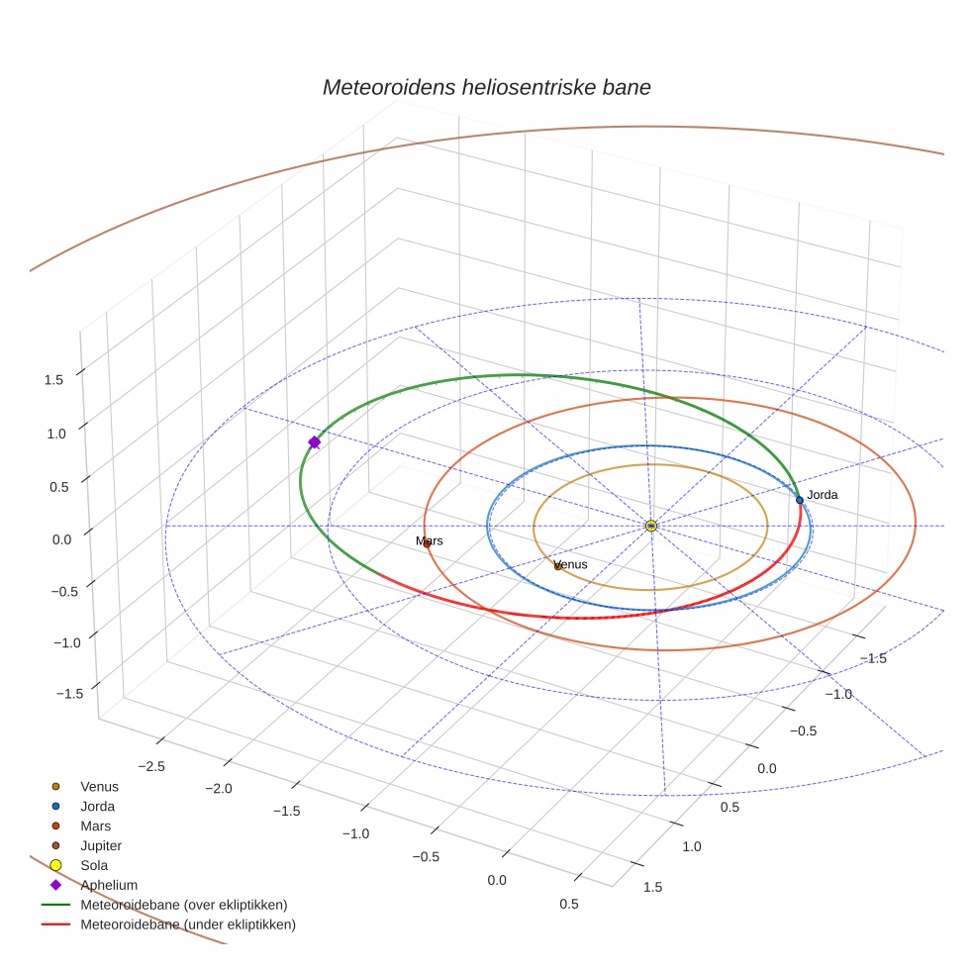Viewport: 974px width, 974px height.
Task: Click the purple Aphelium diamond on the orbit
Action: [x=315, y=442]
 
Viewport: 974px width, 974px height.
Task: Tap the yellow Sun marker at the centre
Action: [x=651, y=526]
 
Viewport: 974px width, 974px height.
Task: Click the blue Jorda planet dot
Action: [x=800, y=500]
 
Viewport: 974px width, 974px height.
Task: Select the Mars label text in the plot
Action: [x=430, y=541]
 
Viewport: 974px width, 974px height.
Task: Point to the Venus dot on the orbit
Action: [x=558, y=566]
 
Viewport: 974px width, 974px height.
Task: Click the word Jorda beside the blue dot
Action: [x=823, y=494]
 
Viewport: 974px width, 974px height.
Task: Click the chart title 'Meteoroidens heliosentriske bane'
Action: [x=487, y=87]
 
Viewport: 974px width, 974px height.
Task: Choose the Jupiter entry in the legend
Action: [x=101, y=845]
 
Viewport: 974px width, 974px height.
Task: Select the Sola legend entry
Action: [x=94, y=865]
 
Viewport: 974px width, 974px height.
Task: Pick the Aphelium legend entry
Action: [x=109, y=885]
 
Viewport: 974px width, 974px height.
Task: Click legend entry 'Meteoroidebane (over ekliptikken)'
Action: [x=184, y=905]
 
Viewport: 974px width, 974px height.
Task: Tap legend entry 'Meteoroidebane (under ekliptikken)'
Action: [x=188, y=925]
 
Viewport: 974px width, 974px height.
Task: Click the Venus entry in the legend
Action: [x=99, y=787]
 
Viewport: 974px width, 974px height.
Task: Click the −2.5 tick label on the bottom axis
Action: [x=150, y=766]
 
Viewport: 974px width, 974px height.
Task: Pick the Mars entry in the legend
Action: [x=95, y=826]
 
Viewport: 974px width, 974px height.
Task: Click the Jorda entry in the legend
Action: [x=97, y=807]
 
